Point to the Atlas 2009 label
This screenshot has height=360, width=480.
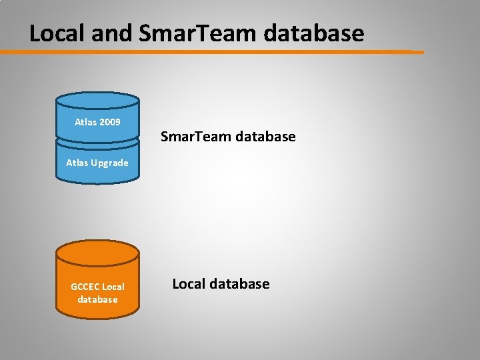(x=97, y=122)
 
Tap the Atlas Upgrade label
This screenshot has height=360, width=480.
(x=97, y=162)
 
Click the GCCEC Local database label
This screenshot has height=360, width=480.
(x=97, y=293)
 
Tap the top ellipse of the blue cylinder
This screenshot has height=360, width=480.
(x=97, y=101)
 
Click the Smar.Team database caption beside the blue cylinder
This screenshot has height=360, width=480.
(x=228, y=137)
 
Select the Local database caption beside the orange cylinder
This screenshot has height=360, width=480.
(x=221, y=284)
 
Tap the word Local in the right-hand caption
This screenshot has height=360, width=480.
(x=189, y=284)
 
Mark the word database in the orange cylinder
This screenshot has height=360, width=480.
(x=97, y=299)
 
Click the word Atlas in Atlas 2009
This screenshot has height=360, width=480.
(x=85, y=122)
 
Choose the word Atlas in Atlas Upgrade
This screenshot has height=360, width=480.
(x=77, y=162)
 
